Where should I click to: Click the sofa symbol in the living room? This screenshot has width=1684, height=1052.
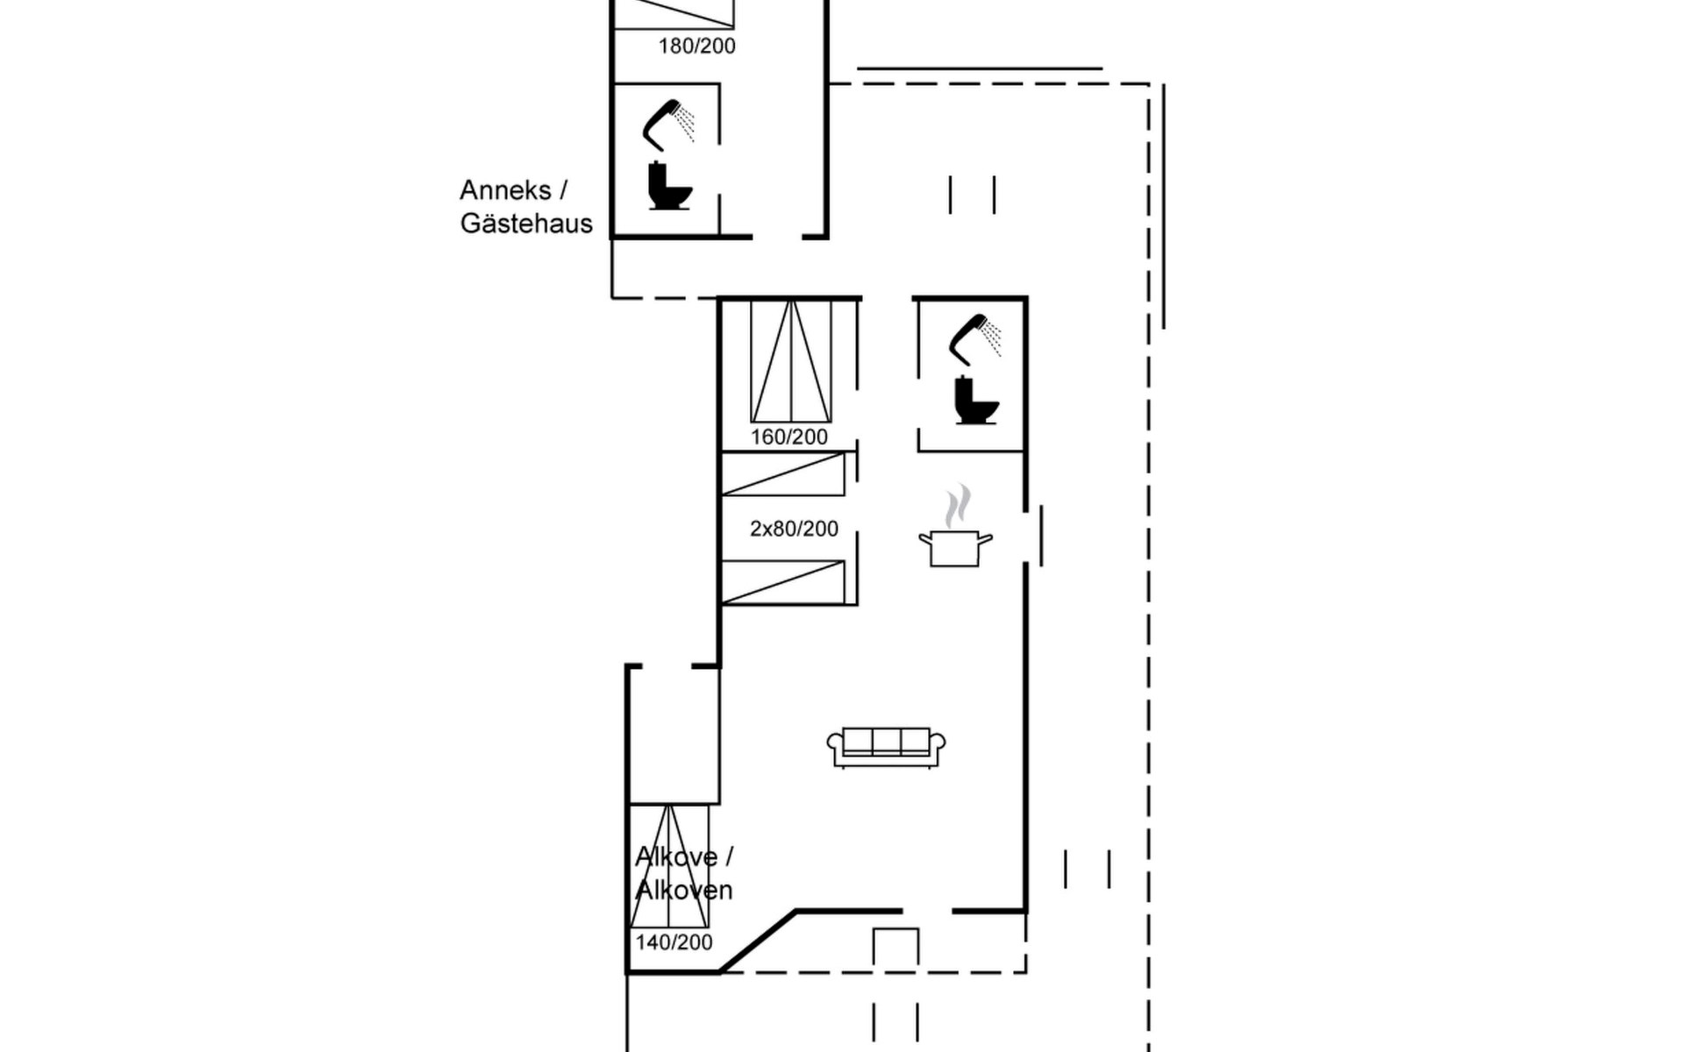[886, 747]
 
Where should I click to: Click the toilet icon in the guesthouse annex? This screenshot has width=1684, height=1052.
[669, 186]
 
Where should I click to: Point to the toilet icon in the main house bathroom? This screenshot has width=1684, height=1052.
[976, 401]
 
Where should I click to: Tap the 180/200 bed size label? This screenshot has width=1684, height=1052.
[697, 46]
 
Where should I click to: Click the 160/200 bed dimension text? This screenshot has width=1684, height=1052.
[789, 437]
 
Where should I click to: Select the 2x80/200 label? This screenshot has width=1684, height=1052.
[794, 529]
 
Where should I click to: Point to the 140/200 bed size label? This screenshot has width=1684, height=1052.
[674, 942]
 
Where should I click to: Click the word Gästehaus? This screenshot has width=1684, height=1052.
[526, 224]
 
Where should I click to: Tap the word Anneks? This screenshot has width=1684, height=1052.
[506, 190]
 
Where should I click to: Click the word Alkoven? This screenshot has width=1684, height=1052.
[684, 891]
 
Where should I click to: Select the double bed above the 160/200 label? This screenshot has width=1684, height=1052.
[791, 361]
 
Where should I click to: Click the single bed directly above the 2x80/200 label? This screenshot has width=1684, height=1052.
[782, 474]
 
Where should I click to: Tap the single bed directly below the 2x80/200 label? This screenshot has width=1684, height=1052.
[782, 583]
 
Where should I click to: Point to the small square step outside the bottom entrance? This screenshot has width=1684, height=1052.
[896, 948]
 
